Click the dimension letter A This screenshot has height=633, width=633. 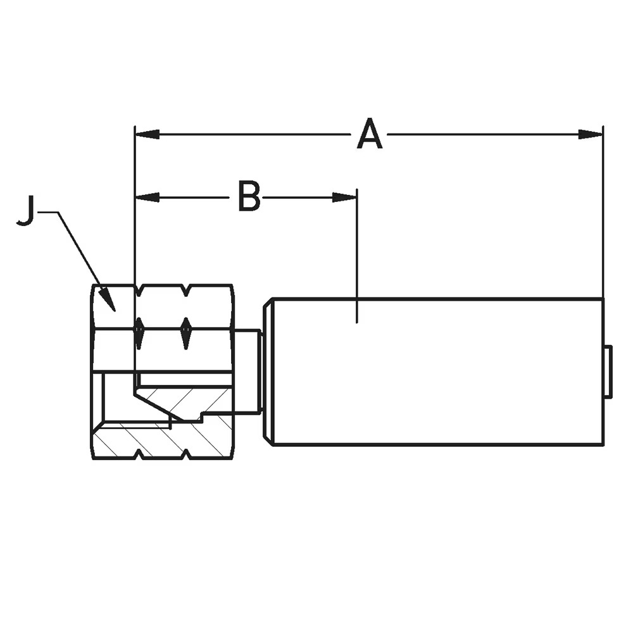[x=370, y=135]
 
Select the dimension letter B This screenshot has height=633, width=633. [x=249, y=197]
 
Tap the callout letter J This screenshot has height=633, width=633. [x=26, y=211]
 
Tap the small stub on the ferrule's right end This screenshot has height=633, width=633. [x=608, y=372]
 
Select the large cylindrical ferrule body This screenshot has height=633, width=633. [x=437, y=372]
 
